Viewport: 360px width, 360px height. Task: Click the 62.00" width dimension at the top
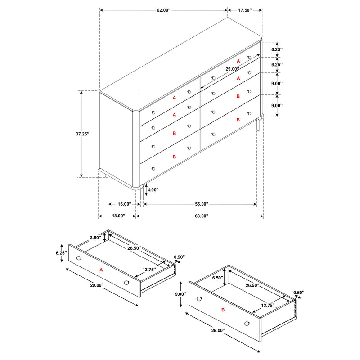(x=163, y=9)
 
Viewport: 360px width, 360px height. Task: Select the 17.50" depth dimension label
(x=244, y=9)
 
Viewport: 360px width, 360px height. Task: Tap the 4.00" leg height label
(x=153, y=190)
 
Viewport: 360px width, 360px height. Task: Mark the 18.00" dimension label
(x=118, y=216)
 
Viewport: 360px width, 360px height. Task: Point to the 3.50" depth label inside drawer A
(x=95, y=238)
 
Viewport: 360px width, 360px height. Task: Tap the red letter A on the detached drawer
(x=101, y=270)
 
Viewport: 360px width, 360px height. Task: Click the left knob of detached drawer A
(x=79, y=258)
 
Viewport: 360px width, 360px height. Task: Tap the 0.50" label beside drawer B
(x=298, y=292)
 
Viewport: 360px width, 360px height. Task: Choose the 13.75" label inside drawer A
(x=149, y=270)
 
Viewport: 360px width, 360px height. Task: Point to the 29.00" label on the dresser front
(x=232, y=69)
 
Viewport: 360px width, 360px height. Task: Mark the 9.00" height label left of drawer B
(x=180, y=294)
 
